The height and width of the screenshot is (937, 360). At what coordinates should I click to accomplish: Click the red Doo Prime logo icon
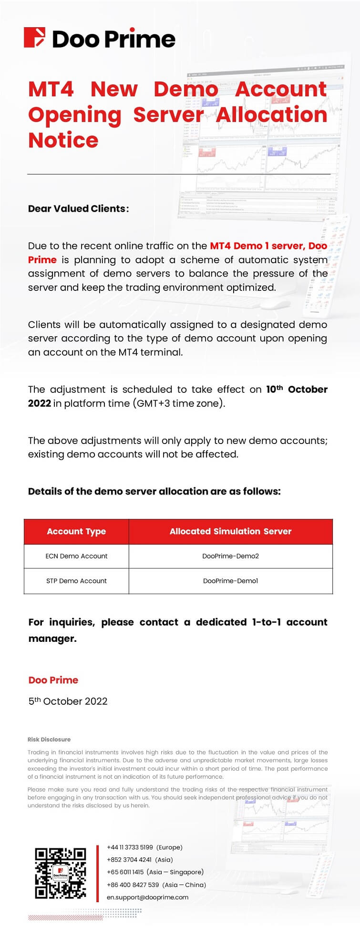click(x=35, y=38)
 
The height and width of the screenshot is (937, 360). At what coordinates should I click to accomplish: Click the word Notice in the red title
click(x=63, y=140)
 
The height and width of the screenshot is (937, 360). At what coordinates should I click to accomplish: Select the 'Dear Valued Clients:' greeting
click(x=78, y=208)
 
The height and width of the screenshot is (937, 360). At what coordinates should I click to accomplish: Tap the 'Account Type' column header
click(x=76, y=531)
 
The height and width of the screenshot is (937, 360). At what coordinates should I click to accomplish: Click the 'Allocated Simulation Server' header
click(x=230, y=531)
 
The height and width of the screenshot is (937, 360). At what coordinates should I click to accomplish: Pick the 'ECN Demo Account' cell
click(x=76, y=556)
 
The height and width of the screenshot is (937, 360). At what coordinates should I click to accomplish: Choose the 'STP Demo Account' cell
click(x=76, y=581)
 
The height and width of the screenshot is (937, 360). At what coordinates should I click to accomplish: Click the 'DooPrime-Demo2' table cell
click(x=230, y=556)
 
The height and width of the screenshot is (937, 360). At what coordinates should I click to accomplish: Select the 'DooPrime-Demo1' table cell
click(x=230, y=581)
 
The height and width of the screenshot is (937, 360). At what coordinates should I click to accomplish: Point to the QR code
click(x=61, y=873)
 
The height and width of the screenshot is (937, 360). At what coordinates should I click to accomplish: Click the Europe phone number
click(x=130, y=847)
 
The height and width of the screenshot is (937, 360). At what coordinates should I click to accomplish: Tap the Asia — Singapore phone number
click(x=125, y=872)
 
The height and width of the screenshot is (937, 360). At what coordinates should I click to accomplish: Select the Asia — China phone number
click(x=133, y=885)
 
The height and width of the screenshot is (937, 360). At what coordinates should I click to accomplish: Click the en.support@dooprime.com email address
click(x=147, y=897)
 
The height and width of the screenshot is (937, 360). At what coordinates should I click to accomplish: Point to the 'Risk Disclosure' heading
click(x=49, y=740)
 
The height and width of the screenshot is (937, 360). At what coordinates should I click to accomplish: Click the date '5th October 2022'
click(x=68, y=701)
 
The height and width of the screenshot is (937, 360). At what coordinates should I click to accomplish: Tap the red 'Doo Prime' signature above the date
click(x=53, y=680)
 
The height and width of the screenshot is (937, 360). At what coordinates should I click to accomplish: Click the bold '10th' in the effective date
click(x=274, y=389)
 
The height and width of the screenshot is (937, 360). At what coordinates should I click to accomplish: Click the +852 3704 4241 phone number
click(x=129, y=860)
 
